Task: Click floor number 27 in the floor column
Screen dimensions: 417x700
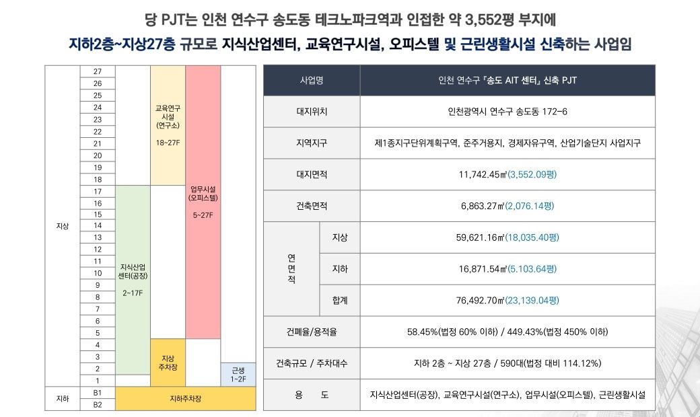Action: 98,71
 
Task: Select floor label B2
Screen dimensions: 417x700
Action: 98,404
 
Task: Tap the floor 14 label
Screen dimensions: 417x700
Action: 98,225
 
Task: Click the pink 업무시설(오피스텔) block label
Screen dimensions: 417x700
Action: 203,202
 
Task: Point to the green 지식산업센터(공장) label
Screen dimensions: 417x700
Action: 133,279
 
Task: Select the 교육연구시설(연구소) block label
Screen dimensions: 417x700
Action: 168,121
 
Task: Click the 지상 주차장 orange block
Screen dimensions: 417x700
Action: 168,363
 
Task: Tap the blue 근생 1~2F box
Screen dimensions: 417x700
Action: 238,375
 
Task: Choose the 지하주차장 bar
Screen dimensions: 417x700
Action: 185,399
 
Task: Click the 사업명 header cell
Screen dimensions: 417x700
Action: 311,81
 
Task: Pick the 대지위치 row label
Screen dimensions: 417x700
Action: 311,112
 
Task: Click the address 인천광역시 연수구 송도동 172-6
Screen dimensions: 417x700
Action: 508,112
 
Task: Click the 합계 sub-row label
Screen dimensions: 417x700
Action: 339,300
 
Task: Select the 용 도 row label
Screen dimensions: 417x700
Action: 311,395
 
